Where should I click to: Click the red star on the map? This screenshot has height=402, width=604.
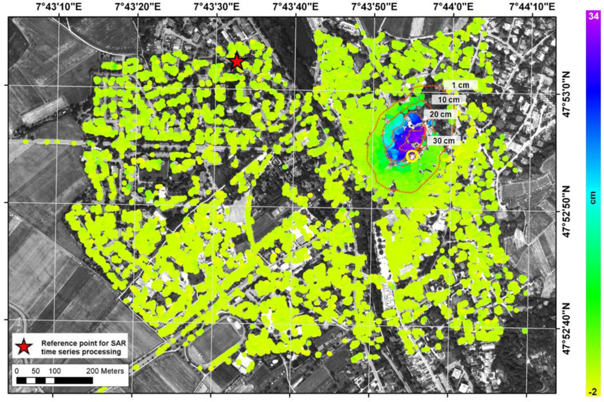coord(237,62)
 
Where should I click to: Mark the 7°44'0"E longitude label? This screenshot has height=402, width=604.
coord(453,7)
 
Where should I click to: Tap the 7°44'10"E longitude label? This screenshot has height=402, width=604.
coord(532,7)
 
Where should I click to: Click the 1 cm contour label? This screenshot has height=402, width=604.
coord(460,85)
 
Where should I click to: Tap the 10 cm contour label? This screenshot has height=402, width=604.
coord(449,100)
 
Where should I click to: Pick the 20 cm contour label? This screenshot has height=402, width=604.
coord(440,114)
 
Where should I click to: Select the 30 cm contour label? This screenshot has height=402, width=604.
coord(445,141)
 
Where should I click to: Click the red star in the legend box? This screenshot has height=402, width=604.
coord(24,346)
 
